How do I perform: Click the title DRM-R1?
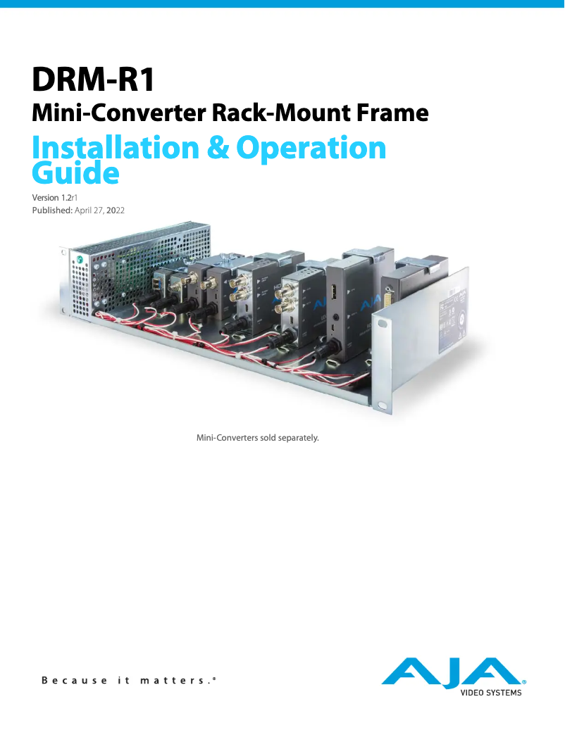point(93,79)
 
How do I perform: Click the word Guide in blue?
point(75,172)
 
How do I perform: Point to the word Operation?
point(311,148)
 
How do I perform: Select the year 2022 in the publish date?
point(115,210)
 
